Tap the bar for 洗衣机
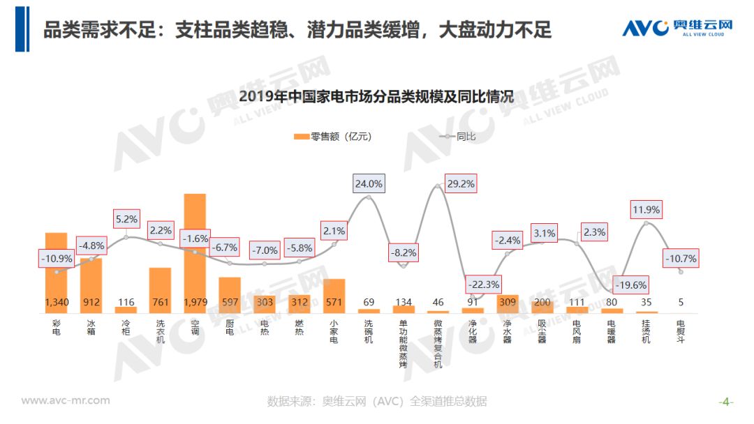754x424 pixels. click(x=160, y=289)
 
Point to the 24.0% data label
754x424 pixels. click(x=369, y=184)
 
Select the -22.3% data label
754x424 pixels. click(x=485, y=284)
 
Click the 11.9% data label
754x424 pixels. click(x=646, y=209)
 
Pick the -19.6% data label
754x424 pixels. click(x=630, y=285)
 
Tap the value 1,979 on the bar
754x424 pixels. click(x=195, y=303)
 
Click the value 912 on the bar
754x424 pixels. click(x=91, y=303)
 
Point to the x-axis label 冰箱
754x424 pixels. click(x=91, y=328)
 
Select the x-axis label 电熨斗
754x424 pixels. click(x=681, y=332)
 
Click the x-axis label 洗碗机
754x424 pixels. click(x=369, y=332)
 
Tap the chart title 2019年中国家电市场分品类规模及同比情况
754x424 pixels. click(x=376, y=97)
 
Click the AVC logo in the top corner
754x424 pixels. click(x=677, y=29)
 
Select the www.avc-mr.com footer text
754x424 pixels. click(x=66, y=400)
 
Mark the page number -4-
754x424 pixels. click(x=726, y=402)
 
